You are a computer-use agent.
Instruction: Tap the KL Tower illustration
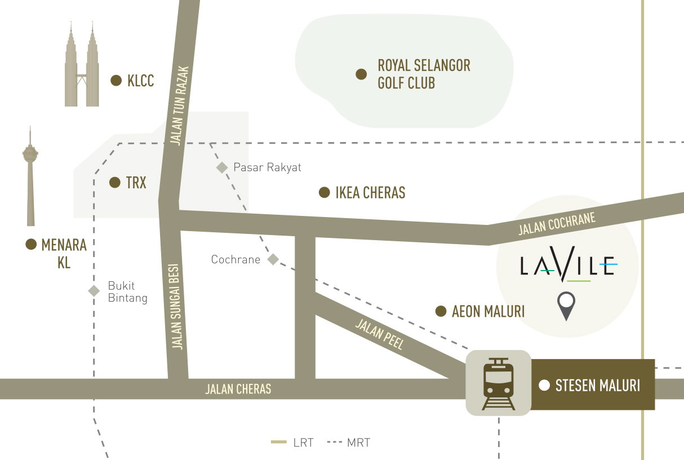30,175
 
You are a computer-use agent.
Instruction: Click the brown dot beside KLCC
116,81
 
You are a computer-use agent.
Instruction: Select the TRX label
136,183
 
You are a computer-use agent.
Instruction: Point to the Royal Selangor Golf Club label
424,74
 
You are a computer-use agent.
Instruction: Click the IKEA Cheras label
370,193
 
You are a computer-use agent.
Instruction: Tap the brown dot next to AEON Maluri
441,311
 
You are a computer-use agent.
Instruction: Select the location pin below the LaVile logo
566,306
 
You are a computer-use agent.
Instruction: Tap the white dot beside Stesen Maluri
544,386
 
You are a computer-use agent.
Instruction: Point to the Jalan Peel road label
380,334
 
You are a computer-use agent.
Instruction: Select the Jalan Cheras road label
238,389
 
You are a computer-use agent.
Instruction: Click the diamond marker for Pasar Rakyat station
222,167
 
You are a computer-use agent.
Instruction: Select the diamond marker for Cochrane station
273,259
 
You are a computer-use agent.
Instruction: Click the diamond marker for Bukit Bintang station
94,291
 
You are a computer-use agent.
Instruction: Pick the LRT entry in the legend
292,443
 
